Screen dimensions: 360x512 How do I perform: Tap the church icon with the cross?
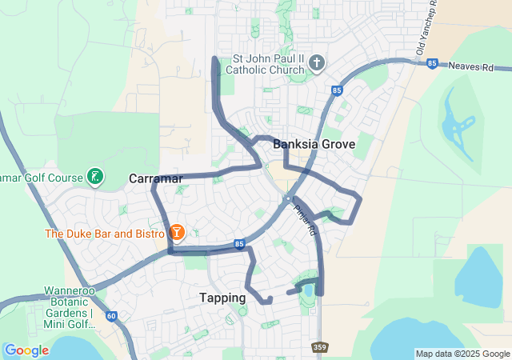pos(316,63)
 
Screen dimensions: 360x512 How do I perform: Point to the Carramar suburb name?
pos(156,178)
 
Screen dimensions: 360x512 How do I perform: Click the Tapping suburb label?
pos(222,298)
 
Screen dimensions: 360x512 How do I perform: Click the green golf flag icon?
pos(95,177)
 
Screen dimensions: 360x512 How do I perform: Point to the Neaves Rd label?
pos(471,68)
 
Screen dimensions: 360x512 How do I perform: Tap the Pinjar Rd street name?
pos(306,220)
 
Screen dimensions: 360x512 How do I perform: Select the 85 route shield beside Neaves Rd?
pos(432,64)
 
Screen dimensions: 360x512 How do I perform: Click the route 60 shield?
pos(110,316)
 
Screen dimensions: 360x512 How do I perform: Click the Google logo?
pos(26,350)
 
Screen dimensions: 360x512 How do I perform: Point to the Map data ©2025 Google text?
pos(462,354)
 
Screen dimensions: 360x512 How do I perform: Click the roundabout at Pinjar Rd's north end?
pos(287,198)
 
